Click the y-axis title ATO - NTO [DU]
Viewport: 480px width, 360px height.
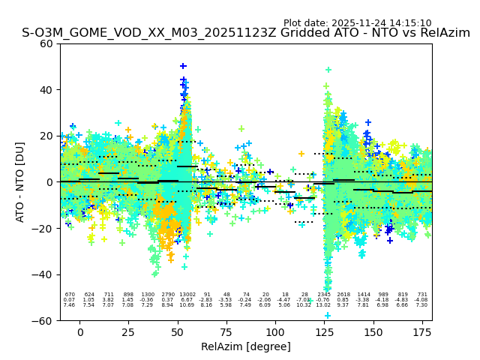tap(20, 182)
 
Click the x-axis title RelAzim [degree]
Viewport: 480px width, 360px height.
tap(246, 346)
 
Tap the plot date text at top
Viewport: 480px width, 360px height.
tap(357, 23)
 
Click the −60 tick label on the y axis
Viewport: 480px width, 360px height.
tap(43, 320)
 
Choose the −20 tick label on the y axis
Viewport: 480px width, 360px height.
tap(43, 229)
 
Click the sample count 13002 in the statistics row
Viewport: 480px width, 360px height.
tap(187, 295)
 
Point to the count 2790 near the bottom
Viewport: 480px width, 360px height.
tap(167, 295)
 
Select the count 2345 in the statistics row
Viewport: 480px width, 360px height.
tap(324, 295)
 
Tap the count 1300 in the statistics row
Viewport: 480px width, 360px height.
tap(148, 295)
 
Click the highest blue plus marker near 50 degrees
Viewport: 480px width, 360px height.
tap(183, 67)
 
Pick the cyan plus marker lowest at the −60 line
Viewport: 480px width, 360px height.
tap(328, 315)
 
